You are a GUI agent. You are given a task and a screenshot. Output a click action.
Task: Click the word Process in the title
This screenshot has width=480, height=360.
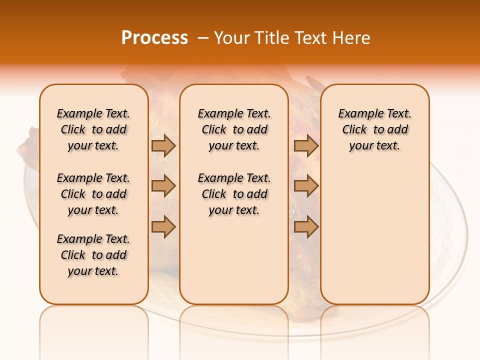154,38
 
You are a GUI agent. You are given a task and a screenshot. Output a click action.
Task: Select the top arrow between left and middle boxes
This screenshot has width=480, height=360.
163,145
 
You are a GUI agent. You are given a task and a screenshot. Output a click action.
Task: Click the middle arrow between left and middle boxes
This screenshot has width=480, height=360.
163,186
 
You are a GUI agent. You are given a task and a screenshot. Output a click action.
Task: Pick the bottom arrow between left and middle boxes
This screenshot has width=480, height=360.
163,227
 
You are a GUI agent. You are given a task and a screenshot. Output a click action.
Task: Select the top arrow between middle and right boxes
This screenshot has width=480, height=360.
306,145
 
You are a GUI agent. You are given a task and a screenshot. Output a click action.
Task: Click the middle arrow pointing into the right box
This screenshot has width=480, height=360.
306,186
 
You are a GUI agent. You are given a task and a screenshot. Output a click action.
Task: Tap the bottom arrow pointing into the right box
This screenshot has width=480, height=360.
306,227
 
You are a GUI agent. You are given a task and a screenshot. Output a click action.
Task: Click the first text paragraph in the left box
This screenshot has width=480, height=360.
93,129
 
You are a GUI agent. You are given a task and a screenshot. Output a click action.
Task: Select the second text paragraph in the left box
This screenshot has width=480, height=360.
93,194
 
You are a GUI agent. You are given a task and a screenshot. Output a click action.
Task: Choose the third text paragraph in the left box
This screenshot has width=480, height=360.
93,255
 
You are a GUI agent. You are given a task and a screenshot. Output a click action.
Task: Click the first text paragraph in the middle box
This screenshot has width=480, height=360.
234,129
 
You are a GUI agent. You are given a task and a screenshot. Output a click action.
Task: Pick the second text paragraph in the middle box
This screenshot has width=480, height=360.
234,194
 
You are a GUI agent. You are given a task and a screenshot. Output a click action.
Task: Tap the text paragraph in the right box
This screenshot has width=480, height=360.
374,129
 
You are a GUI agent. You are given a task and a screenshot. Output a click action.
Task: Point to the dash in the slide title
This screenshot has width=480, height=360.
202,38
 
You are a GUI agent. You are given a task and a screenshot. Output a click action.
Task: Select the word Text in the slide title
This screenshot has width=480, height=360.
311,38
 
